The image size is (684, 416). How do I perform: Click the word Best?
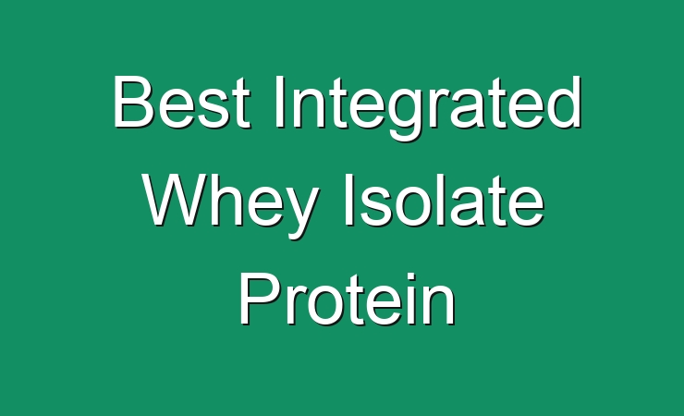pos(182,102)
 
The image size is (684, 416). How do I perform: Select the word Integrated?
pos(428,107)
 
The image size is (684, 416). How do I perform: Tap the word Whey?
pos(230,205)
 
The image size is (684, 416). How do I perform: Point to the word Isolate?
pos(445,200)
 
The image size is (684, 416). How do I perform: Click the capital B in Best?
pos(134,102)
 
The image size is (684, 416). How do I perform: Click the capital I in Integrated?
pos(278,102)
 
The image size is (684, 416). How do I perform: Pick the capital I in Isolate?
pos(349,200)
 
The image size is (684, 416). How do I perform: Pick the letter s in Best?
pos(214,109)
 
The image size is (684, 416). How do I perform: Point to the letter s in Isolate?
pos(375,207)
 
